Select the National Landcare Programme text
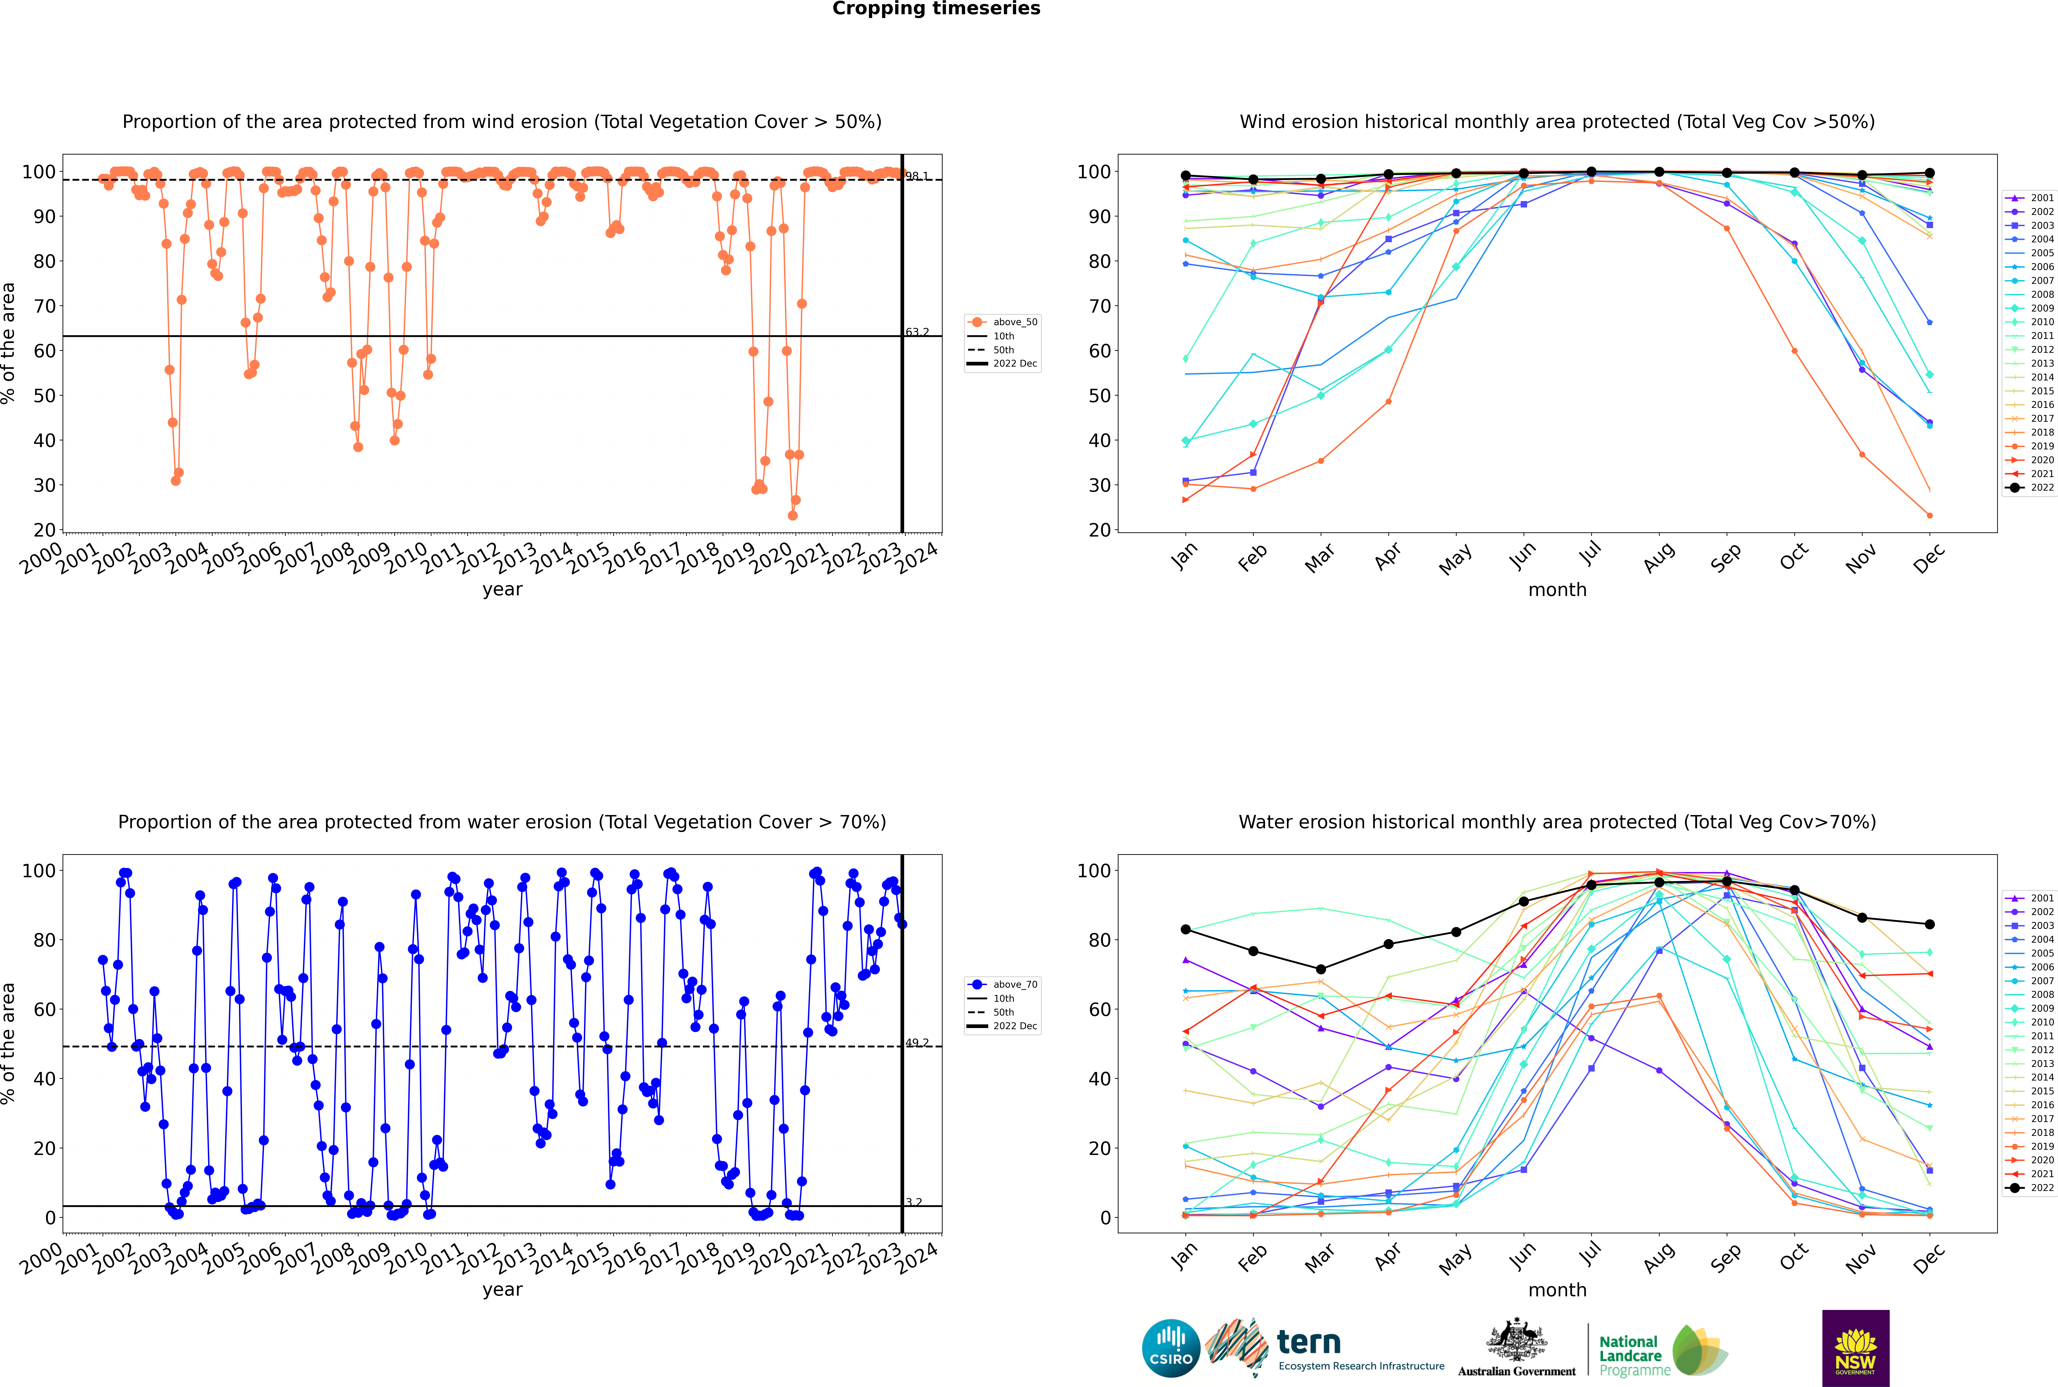pos(1630,1355)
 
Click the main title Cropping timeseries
pos(936,9)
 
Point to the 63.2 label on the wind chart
pos(917,333)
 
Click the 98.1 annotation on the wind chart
pos(917,176)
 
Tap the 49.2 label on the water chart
pos(917,1043)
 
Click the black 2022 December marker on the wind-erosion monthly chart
pos(1930,173)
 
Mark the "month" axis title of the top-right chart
pos(1557,590)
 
